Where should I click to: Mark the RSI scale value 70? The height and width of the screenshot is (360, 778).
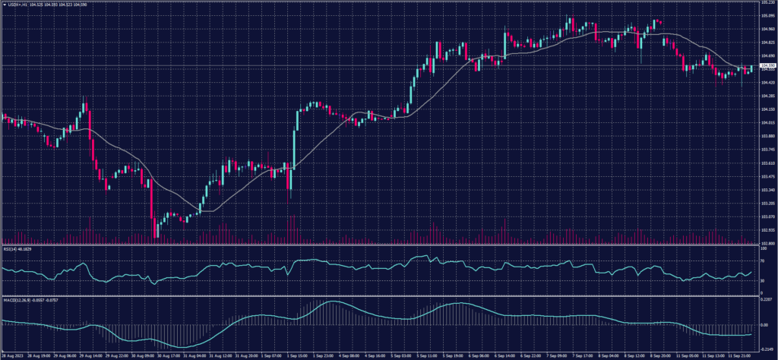coord(763,261)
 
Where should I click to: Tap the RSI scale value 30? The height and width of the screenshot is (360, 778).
coord(763,281)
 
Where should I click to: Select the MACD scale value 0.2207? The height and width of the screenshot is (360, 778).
coord(767,302)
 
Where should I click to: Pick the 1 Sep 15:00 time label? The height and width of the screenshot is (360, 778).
coord(297,355)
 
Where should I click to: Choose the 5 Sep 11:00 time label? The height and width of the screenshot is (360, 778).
coord(426,355)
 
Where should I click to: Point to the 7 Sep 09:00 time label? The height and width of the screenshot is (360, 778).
coord(555,355)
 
